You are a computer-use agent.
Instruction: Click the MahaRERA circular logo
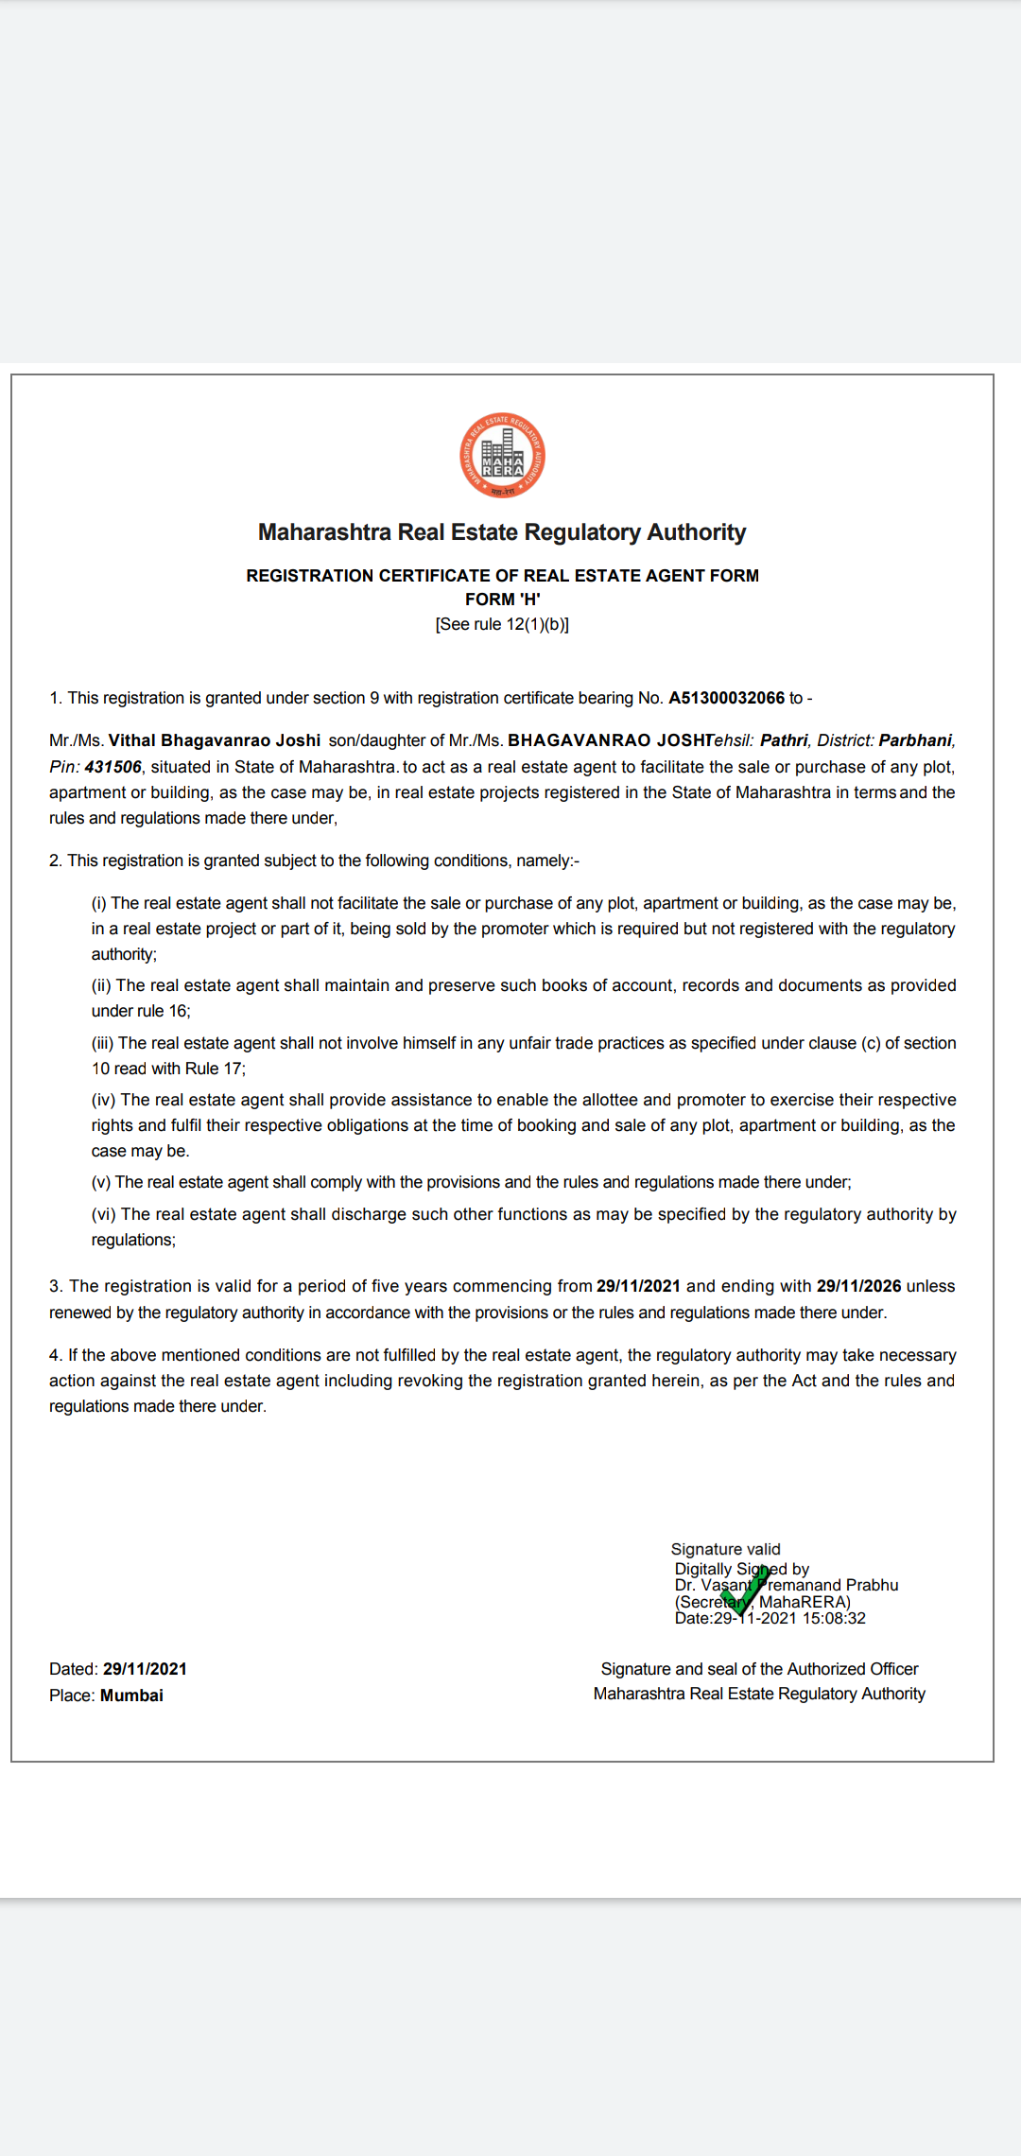coord(502,455)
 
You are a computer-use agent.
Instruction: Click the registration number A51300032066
coord(726,698)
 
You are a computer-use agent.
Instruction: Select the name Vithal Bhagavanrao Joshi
coord(215,740)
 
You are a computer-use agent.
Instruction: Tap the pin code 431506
coord(112,767)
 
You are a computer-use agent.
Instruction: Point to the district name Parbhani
coord(915,740)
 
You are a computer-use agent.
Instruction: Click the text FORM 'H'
coord(502,600)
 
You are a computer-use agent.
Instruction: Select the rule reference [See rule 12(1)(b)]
coord(502,624)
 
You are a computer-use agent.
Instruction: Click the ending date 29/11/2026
coord(858,1286)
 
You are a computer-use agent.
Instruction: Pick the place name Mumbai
coord(131,1695)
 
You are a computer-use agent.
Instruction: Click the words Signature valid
coord(725,1549)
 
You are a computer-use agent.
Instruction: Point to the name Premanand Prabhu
coord(829,1585)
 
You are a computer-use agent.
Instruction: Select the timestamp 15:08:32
coord(834,1618)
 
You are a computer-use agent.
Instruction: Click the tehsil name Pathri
coord(784,740)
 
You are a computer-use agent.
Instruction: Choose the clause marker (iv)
coord(104,1100)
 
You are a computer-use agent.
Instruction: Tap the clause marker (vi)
coord(104,1214)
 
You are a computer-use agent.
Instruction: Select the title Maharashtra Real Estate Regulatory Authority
coord(502,532)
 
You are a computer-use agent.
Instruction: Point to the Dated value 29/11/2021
coord(145,1669)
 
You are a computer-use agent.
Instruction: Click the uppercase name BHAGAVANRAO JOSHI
coord(610,740)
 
